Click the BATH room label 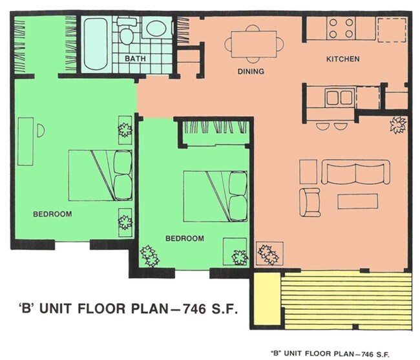click(135, 58)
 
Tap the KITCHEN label click(342, 59)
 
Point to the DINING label click(251, 71)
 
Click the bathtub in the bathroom click(96, 44)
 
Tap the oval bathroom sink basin click(156, 28)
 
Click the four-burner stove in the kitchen click(341, 28)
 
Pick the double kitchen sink click(339, 98)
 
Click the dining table click(254, 44)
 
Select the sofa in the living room click(355, 172)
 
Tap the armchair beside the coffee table click(310, 202)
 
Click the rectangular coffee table click(357, 202)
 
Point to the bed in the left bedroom click(100, 175)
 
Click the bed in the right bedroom click(215, 196)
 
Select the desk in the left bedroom click(25, 141)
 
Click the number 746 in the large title click(194, 308)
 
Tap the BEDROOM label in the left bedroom click(52, 214)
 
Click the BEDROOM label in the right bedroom click(185, 238)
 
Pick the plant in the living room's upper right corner click(398, 125)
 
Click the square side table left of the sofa click(308, 172)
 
